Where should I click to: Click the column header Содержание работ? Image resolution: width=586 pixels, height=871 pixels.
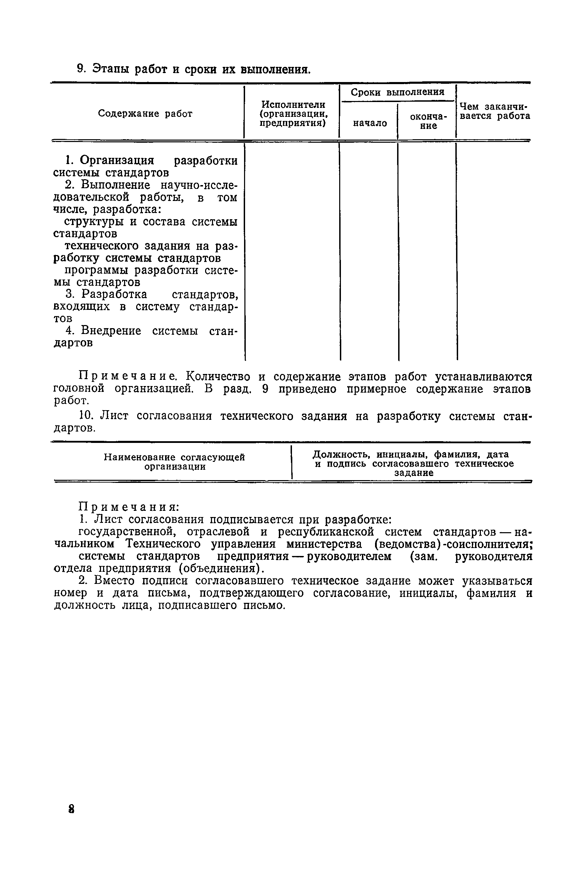coord(145,114)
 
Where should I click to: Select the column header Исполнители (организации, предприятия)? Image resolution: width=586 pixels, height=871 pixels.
coord(293,114)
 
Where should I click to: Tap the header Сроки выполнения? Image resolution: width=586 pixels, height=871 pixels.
coord(397,92)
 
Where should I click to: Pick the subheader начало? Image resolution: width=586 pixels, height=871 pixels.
coord(370,123)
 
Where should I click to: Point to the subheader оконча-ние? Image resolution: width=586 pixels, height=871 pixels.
coord(428,121)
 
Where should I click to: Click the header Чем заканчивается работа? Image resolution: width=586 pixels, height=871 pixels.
coord(494,111)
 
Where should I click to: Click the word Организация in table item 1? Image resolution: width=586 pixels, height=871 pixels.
coord(117,160)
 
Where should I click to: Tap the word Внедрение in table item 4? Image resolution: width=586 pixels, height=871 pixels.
coord(111,331)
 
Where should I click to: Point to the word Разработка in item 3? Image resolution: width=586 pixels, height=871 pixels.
coord(114,294)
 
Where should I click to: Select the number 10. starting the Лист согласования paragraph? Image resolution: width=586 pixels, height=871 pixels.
coord(85,416)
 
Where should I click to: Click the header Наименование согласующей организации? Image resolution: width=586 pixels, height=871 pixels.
coord(174,462)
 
